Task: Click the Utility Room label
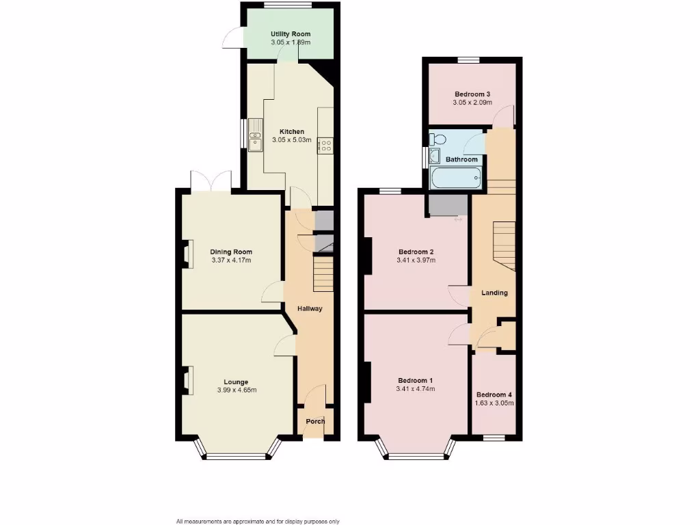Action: [x=291, y=33]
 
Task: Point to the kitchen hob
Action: [x=325, y=145]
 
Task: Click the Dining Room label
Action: [x=231, y=252]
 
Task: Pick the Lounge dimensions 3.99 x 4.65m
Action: [x=235, y=390]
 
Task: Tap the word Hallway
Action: [x=309, y=309]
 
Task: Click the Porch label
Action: [x=315, y=421]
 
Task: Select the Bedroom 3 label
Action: [x=472, y=94]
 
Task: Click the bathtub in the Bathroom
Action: [x=455, y=179]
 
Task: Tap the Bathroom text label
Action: [x=461, y=159]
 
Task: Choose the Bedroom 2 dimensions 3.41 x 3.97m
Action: [x=416, y=260]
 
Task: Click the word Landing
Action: [x=494, y=293]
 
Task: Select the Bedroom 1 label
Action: [x=416, y=380]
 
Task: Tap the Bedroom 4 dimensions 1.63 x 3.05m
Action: [x=494, y=403]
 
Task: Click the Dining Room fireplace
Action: [x=187, y=253]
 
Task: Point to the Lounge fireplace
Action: [x=187, y=379]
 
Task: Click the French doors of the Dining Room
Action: [x=211, y=181]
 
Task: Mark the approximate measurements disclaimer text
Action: [x=258, y=522]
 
